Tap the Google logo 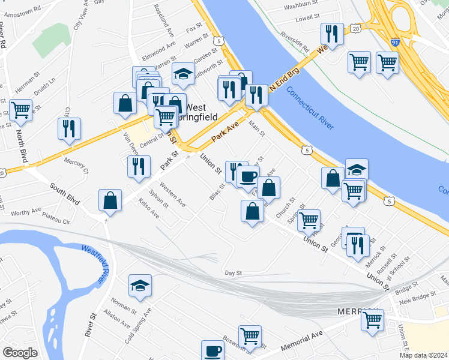coord(20,353)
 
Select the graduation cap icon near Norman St coord(140,285)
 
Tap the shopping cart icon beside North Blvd coord(20,109)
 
